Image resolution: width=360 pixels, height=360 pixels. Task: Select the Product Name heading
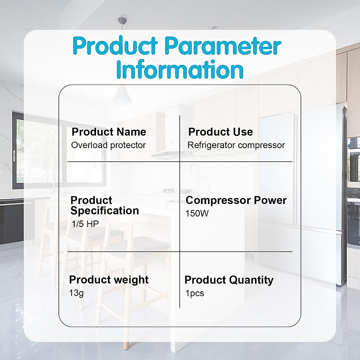[x=109, y=132]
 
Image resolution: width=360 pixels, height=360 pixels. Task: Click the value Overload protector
[x=108, y=145]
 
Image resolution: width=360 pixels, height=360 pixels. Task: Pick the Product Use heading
[x=220, y=132]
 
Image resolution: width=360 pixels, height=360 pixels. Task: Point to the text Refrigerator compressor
[x=236, y=145]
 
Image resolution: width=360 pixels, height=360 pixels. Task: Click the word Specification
[x=105, y=211]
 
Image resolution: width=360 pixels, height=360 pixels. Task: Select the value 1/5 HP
[x=85, y=224]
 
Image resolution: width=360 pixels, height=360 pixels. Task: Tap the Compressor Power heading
[x=236, y=200]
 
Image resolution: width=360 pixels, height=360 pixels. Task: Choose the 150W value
[x=197, y=213]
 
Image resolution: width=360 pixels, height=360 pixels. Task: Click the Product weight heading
[x=109, y=280]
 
